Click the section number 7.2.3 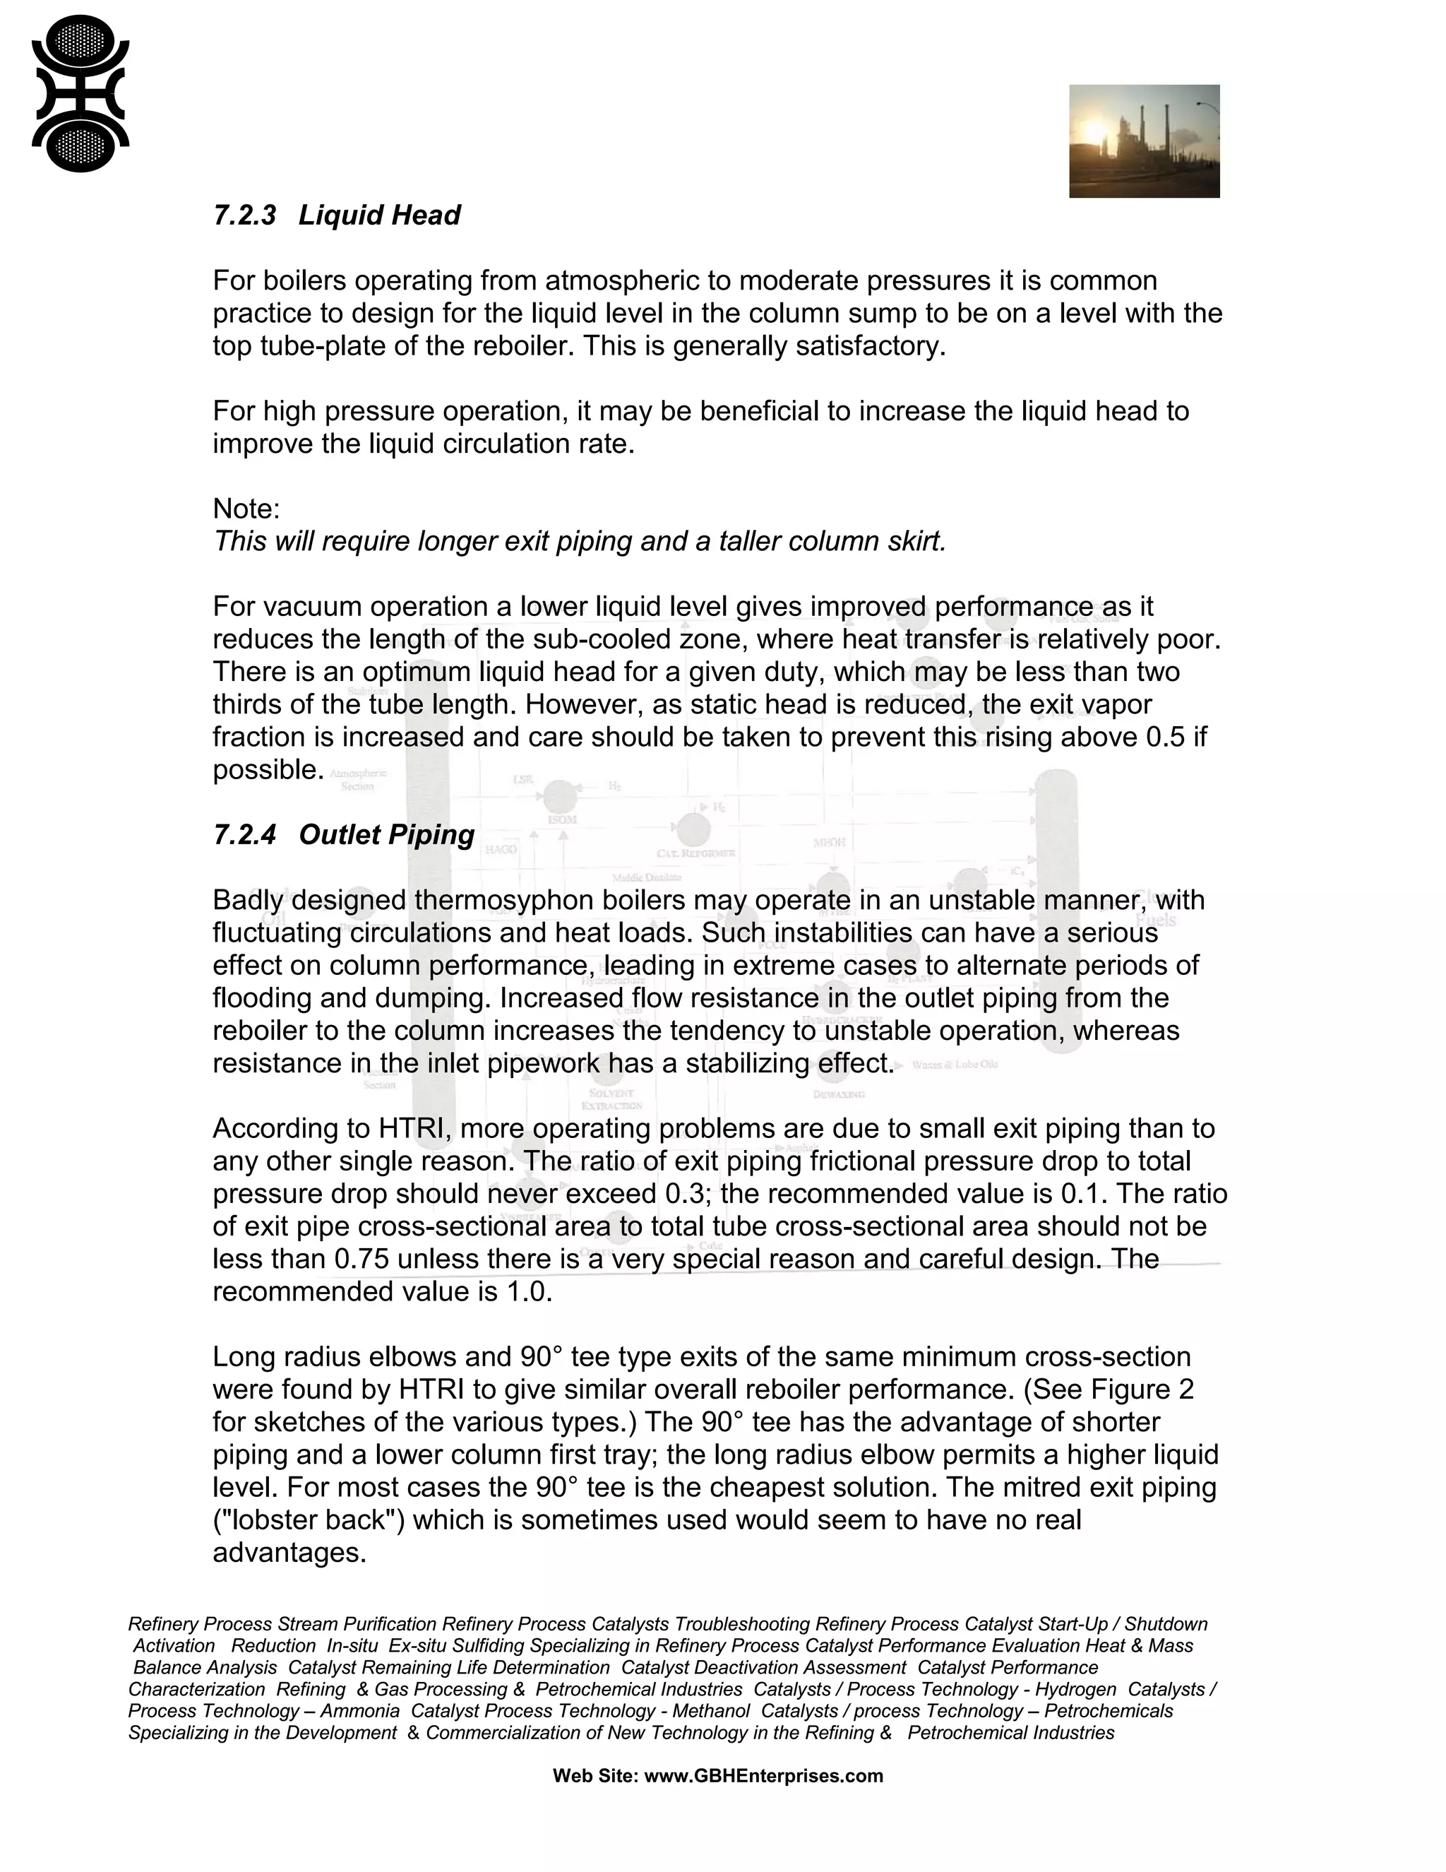(244, 215)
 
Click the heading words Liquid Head (378, 215)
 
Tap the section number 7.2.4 (244, 835)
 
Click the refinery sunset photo (1144, 141)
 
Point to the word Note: (246, 509)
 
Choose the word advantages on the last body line (289, 1552)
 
